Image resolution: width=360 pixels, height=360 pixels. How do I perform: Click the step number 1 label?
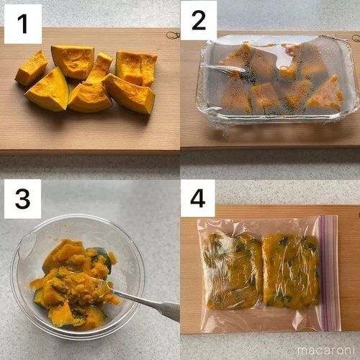pyautogui.click(x=22, y=23)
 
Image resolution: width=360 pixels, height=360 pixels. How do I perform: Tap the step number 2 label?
pyautogui.click(x=198, y=23)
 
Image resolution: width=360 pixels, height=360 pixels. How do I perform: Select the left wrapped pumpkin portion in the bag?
pyautogui.click(x=232, y=271)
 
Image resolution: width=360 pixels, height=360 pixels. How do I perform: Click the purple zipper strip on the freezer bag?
pyautogui.click(x=329, y=274)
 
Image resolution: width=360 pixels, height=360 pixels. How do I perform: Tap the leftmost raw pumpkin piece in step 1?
pyautogui.click(x=31, y=68)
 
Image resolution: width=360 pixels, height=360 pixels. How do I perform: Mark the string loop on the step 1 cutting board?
pyautogui.click(x=172, y=35)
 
